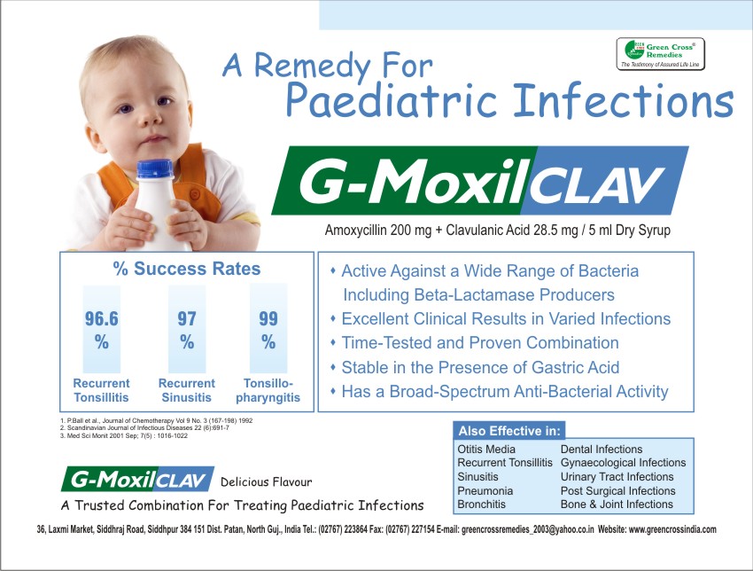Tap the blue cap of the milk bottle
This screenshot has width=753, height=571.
tap(153, 168)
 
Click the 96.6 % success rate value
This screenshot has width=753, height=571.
tap(102, 330)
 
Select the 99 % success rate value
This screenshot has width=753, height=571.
tap(268, 330)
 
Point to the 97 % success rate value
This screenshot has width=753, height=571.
tap(187, 330)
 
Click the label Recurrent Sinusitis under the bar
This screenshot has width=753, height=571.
tap(187, 391)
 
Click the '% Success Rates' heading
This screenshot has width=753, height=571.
tap(186, 269)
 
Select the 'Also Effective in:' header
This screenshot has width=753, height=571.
tap(509, 431)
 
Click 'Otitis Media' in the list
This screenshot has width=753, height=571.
tap(486, 450)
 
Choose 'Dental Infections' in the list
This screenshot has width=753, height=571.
tap(602, 450)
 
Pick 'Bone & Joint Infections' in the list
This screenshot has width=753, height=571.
tap(617, 505)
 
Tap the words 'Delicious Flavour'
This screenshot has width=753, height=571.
tap(266, 482)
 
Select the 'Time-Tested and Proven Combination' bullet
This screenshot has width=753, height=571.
tap(479, 342)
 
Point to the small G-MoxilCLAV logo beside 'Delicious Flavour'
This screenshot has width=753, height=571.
tap(137, 481)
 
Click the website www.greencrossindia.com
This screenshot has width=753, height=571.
tap(672, 529)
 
